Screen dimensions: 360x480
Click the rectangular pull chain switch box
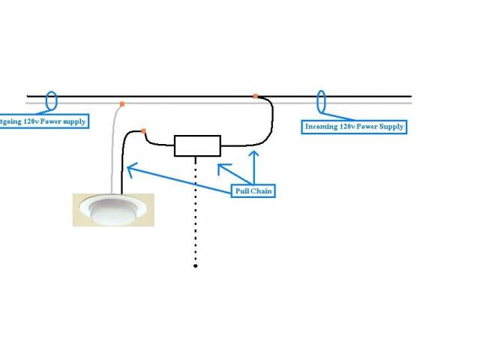pyautogui.click(x=197, y=145)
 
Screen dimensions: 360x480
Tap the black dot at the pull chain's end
pyautogui.click(x=196, y=265)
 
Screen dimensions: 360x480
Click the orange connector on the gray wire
pyautogui.click(x=121, y=103)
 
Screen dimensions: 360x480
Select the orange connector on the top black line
pyautogui.click(x=255, y=96)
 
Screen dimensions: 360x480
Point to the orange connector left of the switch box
pyautogui.click(x=143, y=132)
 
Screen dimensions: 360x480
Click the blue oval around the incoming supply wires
pyautogui.click(x=322, y=100)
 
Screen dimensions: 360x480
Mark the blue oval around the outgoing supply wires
pyautogui.click(x=52, y=100)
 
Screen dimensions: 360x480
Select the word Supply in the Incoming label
pyautogui.click(x=388, y=127)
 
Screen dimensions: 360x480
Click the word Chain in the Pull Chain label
pyautogui.click(x=262, y=192)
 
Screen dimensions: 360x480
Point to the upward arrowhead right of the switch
pyautogui.click(x=254, y=154)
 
